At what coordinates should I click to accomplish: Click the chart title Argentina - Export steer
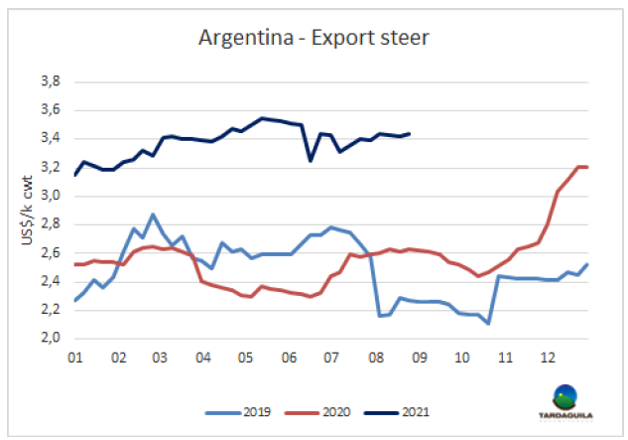click(x=314, y=39)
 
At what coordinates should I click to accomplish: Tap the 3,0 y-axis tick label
click(x=48, y=196)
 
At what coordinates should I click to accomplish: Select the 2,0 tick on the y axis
click(x=48, y=338)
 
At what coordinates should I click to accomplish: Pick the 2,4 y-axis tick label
click(x=48, y=281)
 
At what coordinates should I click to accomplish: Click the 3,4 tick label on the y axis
click(x=48, y=139)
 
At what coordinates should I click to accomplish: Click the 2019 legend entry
click(x=246, y=409)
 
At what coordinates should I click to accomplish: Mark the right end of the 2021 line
click(x=410, y=133)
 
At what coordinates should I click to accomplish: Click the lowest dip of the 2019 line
click(x=488, y=323)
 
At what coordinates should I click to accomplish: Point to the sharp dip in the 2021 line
click(x=310, y=160)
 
